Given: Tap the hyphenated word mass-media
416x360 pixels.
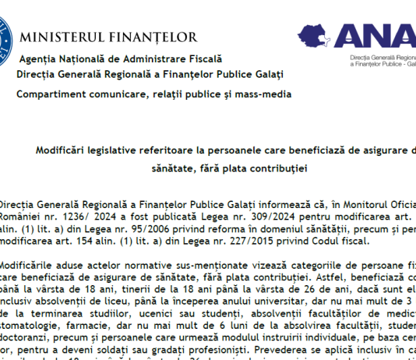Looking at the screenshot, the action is click(245, 94).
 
